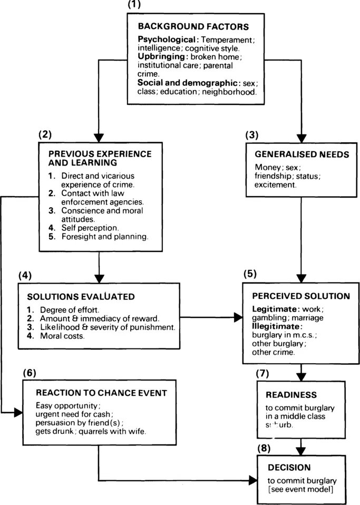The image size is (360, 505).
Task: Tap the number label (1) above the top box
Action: [135, 5]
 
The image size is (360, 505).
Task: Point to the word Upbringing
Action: [160, 56]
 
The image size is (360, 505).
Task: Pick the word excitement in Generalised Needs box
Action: [274, 185]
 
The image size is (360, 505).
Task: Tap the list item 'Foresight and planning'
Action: [104, 237]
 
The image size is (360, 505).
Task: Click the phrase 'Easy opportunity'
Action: [67, 406]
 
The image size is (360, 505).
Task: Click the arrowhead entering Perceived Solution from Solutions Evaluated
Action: [238, 318]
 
